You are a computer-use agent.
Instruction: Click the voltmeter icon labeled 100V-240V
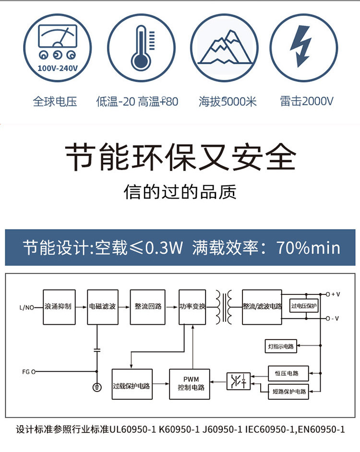coord(57,47)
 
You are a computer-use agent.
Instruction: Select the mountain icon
coord(225,48)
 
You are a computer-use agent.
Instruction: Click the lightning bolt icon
coord(302,47)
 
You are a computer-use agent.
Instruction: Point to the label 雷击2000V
coord(307,101)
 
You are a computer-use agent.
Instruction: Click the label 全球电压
coord(55,101)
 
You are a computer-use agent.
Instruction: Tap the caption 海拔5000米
coord(228,101)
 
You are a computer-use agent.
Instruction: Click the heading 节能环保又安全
coord(180,157)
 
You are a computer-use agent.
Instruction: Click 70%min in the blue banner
coord(308,248)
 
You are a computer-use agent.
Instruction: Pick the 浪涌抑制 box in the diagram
coord(58,306)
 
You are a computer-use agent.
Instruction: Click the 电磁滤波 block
coord(102,306)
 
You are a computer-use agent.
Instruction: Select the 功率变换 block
coord(192,306)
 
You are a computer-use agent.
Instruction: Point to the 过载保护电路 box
coord(132,384)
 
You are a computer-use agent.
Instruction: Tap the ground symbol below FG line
coord(97,387)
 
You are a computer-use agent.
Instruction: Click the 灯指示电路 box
coord(282,345)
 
